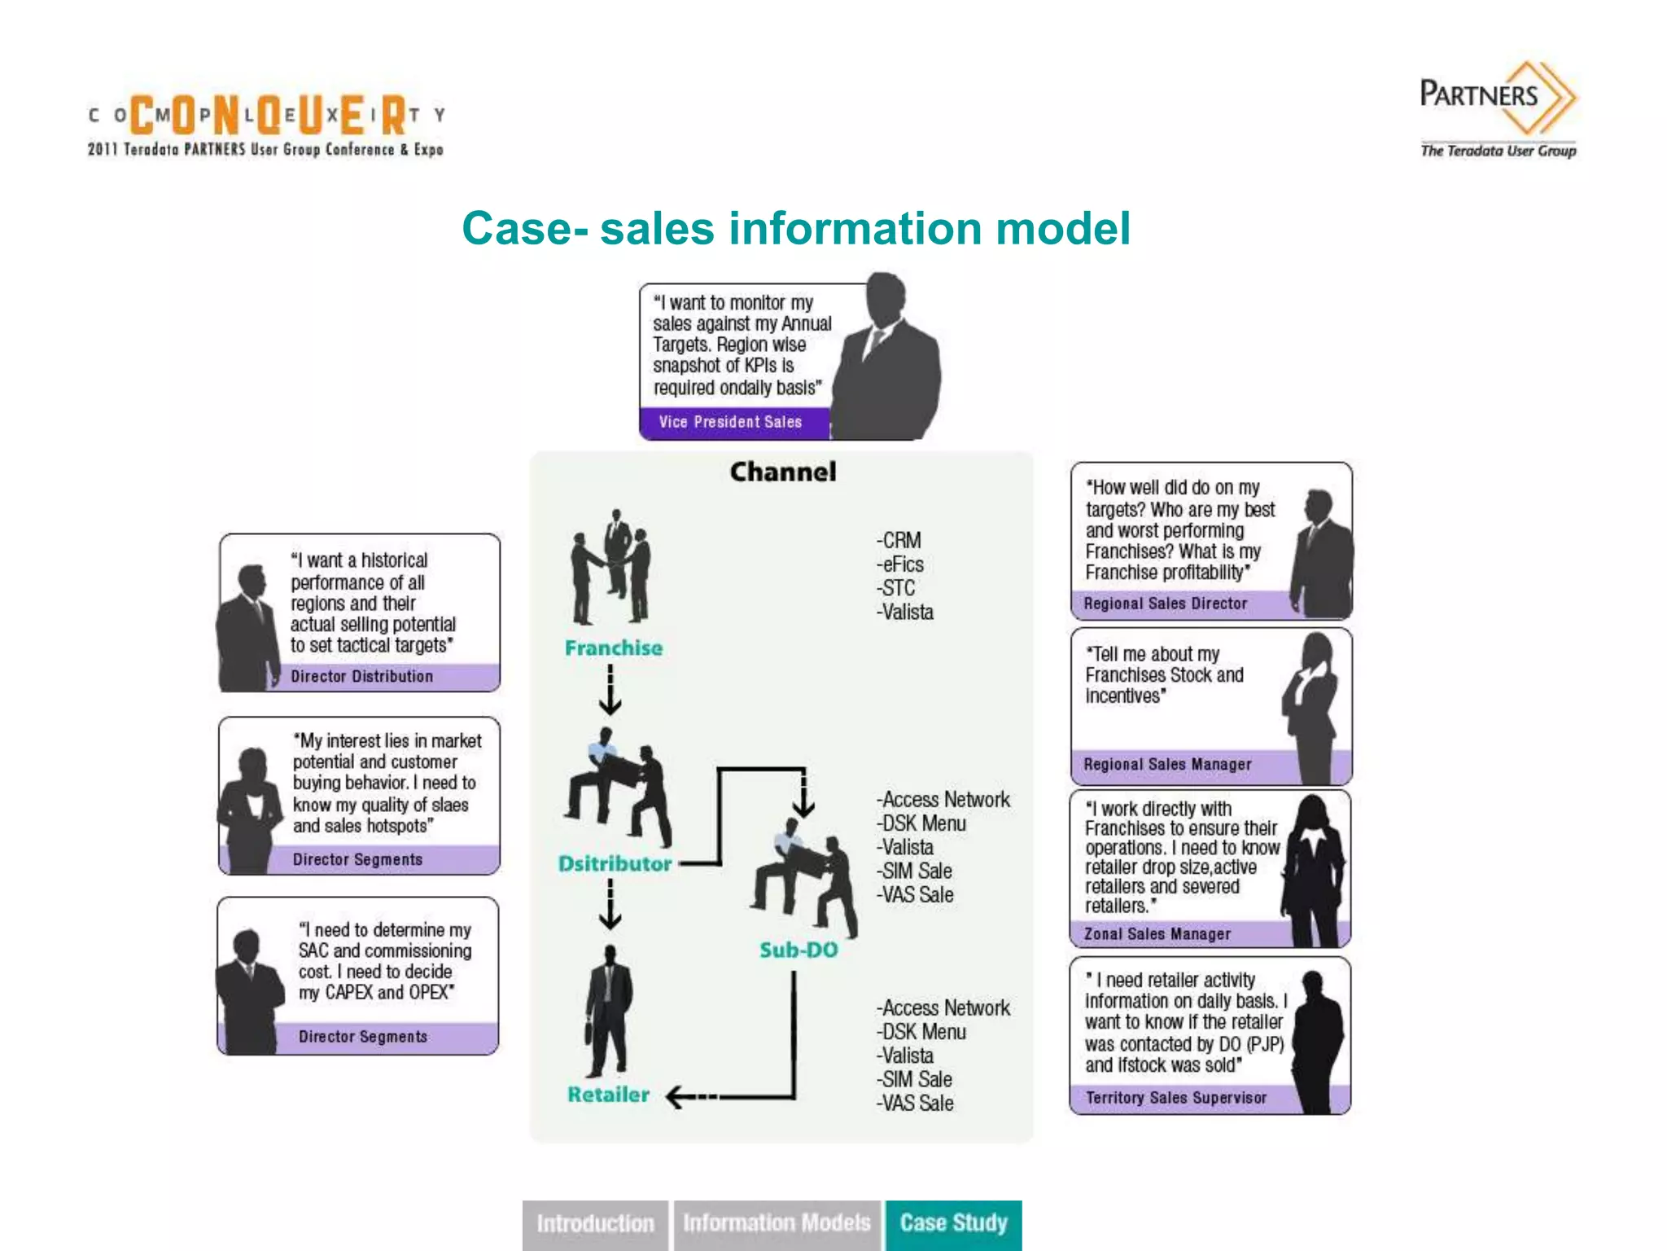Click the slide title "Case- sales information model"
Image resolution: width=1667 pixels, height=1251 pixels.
pos(795,228)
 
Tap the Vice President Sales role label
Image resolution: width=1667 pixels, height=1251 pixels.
pos(730,422)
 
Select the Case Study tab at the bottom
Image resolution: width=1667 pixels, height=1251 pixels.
pos(953,1223)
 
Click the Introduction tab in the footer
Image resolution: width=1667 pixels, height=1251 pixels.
pos(595,1223)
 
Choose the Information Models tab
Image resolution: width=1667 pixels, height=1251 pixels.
pos(777,1223)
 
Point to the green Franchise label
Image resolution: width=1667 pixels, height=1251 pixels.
pos(614,648)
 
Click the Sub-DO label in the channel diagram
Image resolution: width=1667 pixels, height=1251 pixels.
pos(798,950)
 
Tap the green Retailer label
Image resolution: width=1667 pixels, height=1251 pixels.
pos(608,1095)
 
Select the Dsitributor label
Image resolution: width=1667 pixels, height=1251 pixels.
pos(615,863)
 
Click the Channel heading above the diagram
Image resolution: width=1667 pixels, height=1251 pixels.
pos(782,472)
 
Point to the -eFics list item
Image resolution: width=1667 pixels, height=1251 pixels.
pos(900,564)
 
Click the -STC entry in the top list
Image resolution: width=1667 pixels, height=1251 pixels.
pos(896,588)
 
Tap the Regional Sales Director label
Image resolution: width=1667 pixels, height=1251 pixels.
pos(1165,604)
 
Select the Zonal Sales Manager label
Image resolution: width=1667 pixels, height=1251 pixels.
pos(1157,934)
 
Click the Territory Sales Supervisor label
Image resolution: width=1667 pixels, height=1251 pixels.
pos(1175,1098)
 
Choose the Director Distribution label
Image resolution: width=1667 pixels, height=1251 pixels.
pos(361,676)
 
